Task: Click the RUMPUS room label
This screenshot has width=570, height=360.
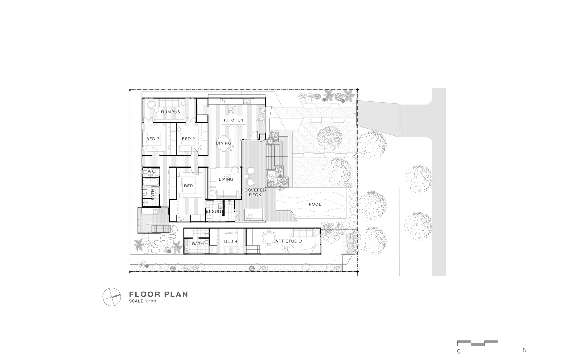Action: point(170,112)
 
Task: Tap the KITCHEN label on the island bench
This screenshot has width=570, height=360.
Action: point(233,120)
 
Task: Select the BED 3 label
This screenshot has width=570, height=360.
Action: point(153,139)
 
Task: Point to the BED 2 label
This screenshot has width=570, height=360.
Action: point(188,139)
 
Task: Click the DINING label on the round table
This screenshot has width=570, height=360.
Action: point(223,143)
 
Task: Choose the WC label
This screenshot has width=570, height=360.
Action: point(151,171)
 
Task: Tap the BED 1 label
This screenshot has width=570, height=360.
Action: point(190,186)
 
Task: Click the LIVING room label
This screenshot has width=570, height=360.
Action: point(226,179)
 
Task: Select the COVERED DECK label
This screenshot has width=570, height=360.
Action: point(255,192)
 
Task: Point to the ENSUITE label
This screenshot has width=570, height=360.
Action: point(215,212)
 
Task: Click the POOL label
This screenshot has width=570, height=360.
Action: point(315,204)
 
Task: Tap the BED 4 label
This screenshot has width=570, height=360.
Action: point(231,241)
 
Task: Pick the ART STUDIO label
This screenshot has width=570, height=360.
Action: point(289,241)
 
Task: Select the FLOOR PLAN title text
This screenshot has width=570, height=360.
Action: point(159,294)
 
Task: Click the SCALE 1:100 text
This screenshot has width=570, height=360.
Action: point(143,301)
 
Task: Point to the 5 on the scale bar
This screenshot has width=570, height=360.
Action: point(524,350)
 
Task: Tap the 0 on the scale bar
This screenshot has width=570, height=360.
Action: point(459,352)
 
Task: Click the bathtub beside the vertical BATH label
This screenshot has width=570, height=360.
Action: point(151,182)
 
